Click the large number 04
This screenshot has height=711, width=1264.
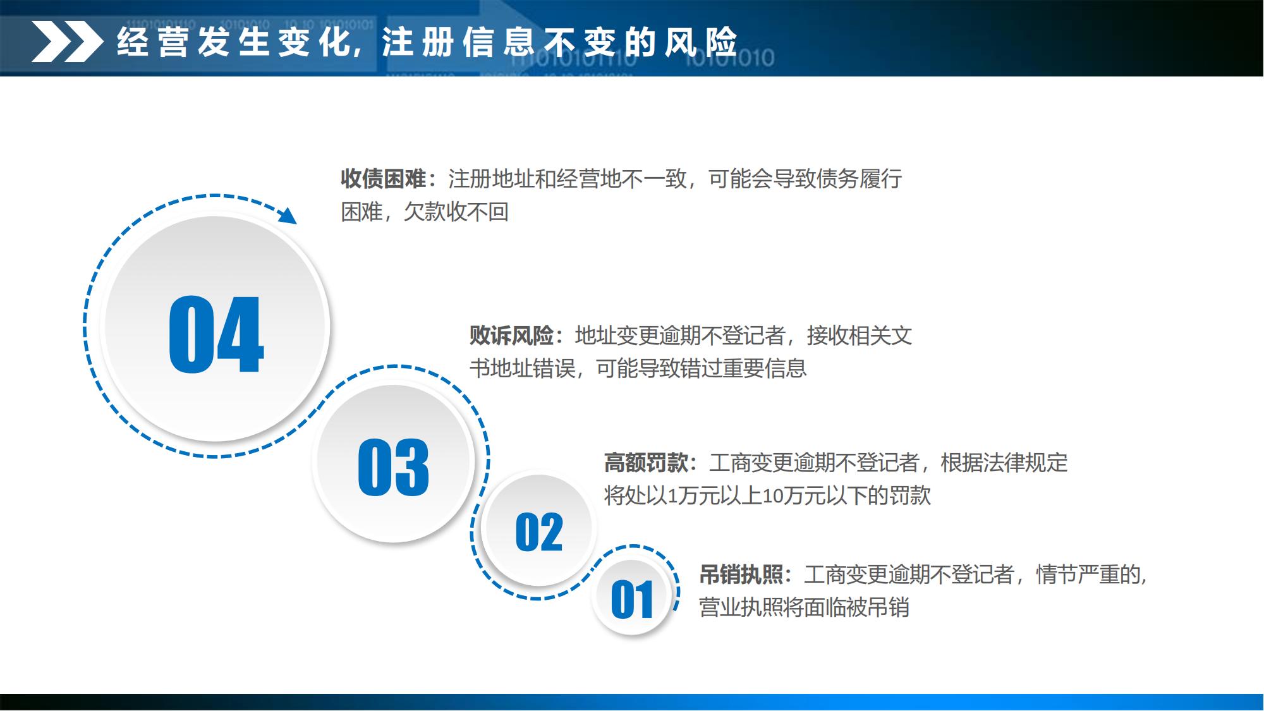(216, 334)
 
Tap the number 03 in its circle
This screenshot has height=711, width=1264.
(393, 467)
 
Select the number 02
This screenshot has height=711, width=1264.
(538, 532)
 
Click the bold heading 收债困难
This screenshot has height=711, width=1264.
(384, 179)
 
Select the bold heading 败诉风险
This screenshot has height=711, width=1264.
(512, 336)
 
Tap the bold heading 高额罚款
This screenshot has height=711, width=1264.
(646, 463)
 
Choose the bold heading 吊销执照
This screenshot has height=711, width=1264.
(741, 575)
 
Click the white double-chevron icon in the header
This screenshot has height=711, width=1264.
(67, 42)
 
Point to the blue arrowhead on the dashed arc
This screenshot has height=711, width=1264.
(288, 215)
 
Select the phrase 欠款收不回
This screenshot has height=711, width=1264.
(456, 212)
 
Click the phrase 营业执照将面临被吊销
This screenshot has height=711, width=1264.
(804, 608)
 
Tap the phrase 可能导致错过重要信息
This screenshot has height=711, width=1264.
(702, 368)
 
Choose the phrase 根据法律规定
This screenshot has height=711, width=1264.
(1004, 463)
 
